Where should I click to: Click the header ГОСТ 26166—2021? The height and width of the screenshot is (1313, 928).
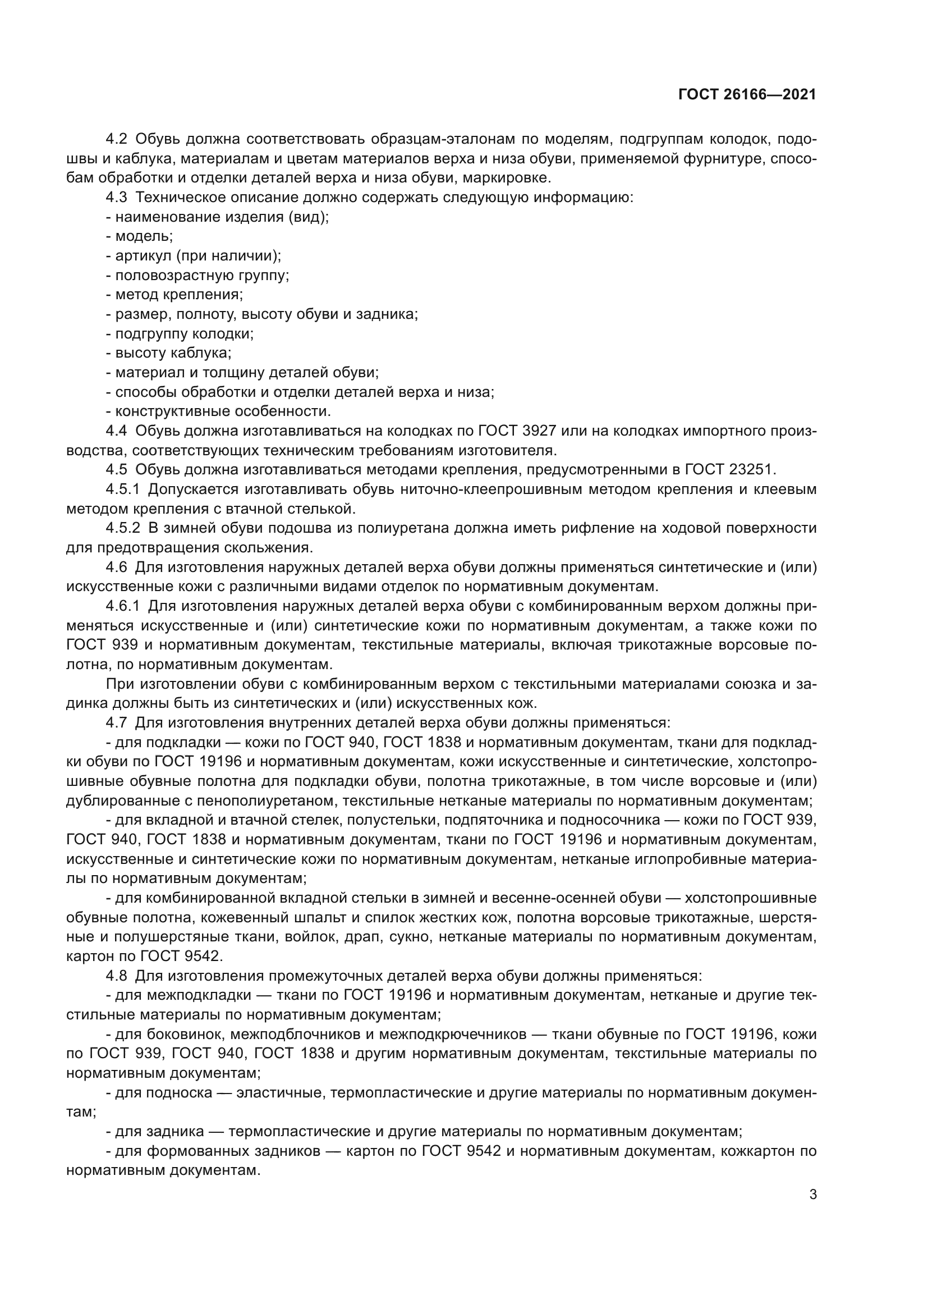747,95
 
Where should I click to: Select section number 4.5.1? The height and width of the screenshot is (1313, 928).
122,489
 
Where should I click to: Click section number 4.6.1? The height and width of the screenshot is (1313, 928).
122,606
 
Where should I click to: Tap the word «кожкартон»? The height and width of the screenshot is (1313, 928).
755,1151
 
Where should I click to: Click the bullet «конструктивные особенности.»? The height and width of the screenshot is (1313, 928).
223,411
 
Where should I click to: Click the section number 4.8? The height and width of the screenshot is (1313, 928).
117,975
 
